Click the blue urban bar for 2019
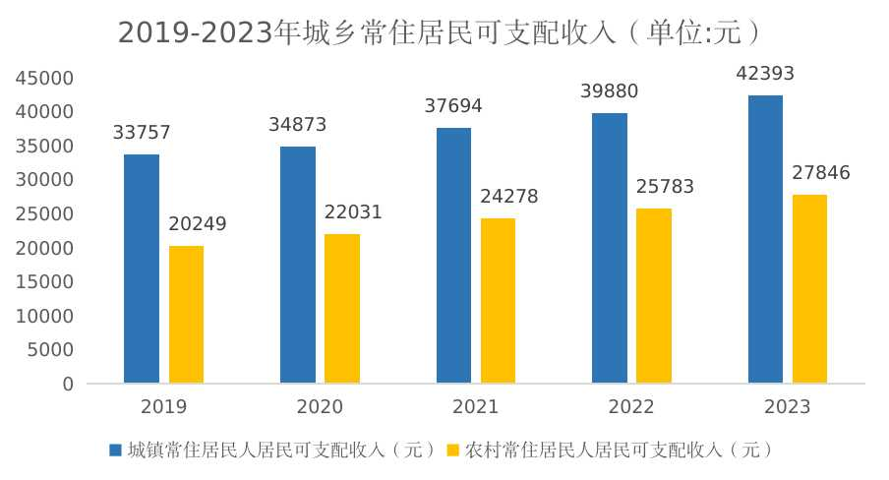(142, 269)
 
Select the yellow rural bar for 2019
(186, 314)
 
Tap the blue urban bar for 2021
(453, 255)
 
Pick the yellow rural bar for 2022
(654, 295)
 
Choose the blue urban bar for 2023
(765, 239)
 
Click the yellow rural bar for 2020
(342, 308)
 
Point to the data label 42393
(765, 75)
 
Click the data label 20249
(197, 224)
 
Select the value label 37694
(453, 106)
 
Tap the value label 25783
(665, 187)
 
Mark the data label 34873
(297, 125)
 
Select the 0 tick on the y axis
(68, 385)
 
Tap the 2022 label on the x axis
(631, 407)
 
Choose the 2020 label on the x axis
(320, 407)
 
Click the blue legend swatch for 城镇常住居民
(116, 450)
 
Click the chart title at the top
(440, 33)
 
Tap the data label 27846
(821, 173)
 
